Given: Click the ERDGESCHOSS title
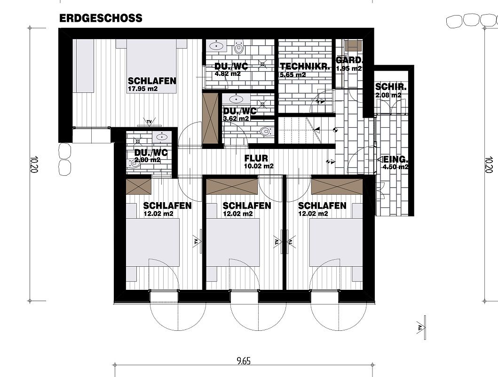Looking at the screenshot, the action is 101,18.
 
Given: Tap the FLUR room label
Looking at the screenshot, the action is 256,158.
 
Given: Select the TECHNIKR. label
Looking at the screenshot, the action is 305,66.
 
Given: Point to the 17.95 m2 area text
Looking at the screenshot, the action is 142,89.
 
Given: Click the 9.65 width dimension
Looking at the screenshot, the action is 244,361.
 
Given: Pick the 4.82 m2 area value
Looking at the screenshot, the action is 228,74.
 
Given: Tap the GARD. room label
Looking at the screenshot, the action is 349,60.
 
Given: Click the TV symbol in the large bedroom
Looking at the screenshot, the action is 149,122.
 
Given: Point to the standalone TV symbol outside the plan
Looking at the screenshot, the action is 421,328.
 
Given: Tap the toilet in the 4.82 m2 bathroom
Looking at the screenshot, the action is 238,47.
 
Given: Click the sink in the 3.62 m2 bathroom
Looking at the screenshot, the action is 235,98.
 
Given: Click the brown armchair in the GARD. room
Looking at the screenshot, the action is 353,46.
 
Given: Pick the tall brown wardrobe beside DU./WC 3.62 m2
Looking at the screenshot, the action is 210,119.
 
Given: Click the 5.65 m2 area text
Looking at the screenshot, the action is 292,75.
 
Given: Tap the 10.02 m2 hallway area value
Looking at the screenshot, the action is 259,166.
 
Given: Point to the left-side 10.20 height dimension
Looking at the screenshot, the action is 34,164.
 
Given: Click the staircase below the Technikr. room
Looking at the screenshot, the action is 301,130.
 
